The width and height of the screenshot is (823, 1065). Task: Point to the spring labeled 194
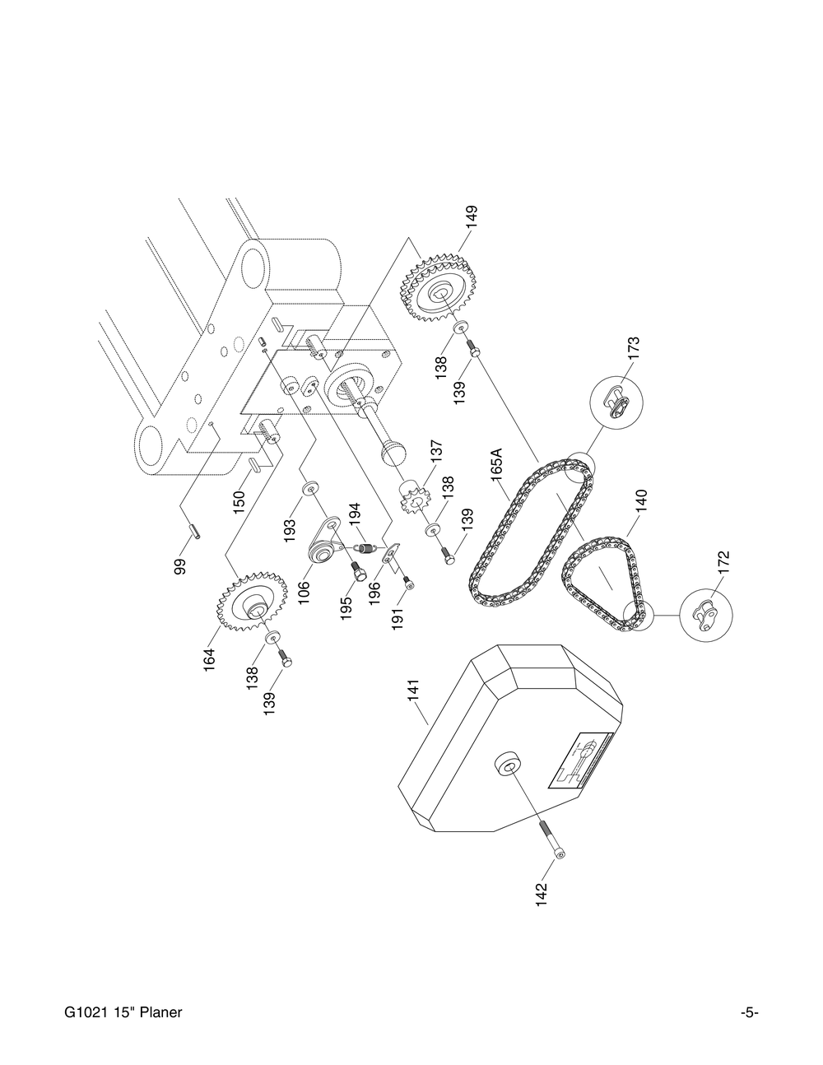[x=364, y=544]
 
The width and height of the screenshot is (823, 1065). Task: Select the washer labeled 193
[x=311, y=491]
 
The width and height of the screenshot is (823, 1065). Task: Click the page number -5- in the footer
[x=748, y=1012]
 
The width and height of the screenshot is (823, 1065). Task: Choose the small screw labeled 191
[x=409, y=585]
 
